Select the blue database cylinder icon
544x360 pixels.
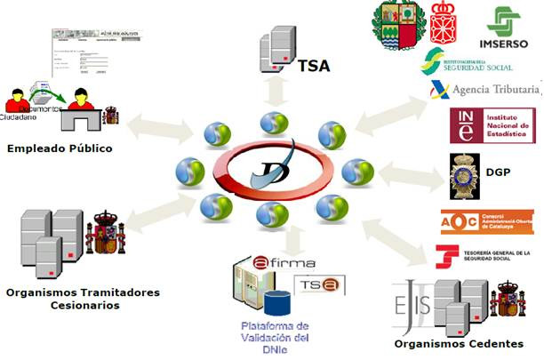click(280, 300)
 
